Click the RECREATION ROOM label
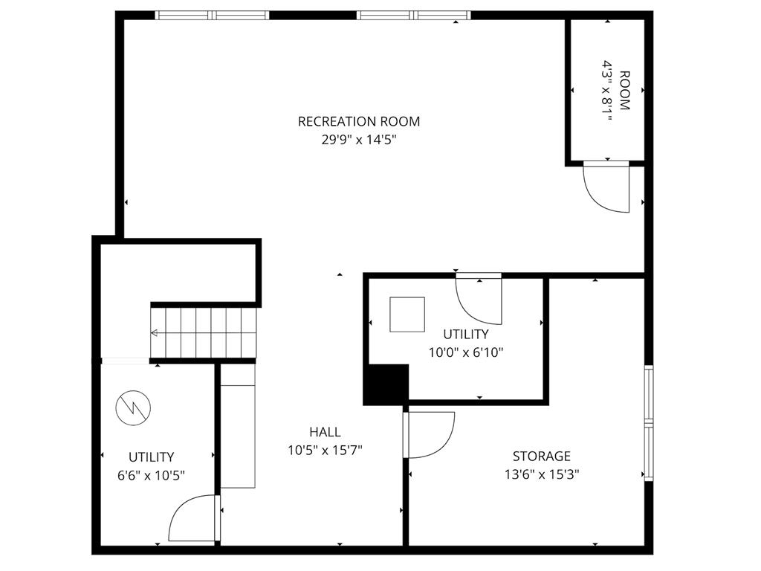[359, 121]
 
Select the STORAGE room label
[541, 456]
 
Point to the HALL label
[325, 432]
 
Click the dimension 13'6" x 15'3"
[541, 474]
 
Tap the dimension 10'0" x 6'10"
[466, 352]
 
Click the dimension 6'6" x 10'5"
[151, 475]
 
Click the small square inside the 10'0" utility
[407, 314]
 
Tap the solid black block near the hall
[386, 384]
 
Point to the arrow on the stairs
[155, 333]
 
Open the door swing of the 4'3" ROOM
[606, 187]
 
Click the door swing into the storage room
[430, 435]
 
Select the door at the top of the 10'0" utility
[479, 300]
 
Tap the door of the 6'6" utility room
[194, 520]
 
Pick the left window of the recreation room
[212, 15]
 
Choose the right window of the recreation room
[414, 15]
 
